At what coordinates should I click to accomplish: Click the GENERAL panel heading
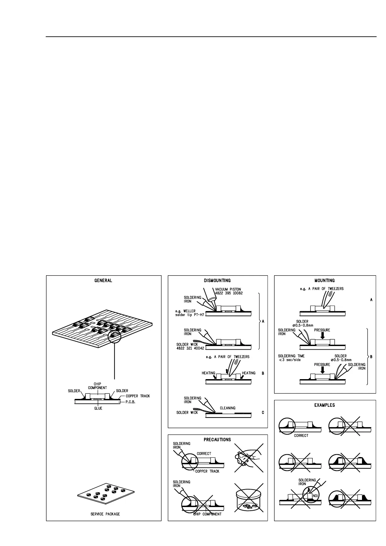[x=103, y=280]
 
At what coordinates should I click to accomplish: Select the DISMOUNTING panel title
[x=217, y=280]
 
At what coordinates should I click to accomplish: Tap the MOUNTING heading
[x=325, y=280]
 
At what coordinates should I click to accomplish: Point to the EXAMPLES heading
[x=325, y=405]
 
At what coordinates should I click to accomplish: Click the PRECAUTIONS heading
[x=217, y=440]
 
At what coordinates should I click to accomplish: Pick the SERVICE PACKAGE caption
[x=105, y=514]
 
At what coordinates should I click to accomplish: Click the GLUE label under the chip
[x=98, y=408]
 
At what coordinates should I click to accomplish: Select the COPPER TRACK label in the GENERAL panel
[x=138, y=396]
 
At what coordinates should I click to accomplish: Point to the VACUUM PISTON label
[x=228, y=289]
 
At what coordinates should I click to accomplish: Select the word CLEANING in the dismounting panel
[x=228, y=408]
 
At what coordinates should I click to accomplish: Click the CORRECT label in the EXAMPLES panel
[x=301, y=436]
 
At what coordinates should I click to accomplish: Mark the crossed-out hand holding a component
[x=248, y=458]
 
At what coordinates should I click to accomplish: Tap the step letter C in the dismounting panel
[x=263, y=413]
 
